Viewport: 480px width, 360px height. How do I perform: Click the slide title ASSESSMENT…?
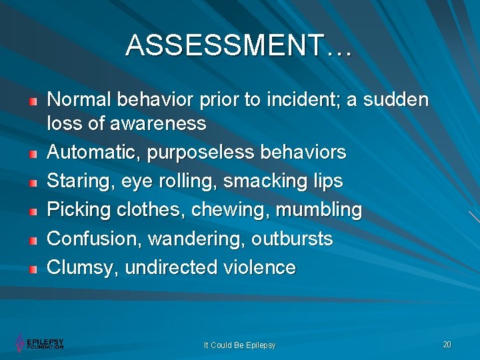pos(239,46)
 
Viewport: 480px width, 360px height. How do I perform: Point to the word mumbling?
pos(319,210)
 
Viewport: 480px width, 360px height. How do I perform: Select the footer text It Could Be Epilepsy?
pos(239,345)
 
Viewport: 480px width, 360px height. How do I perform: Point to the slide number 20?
pos(447,344)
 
